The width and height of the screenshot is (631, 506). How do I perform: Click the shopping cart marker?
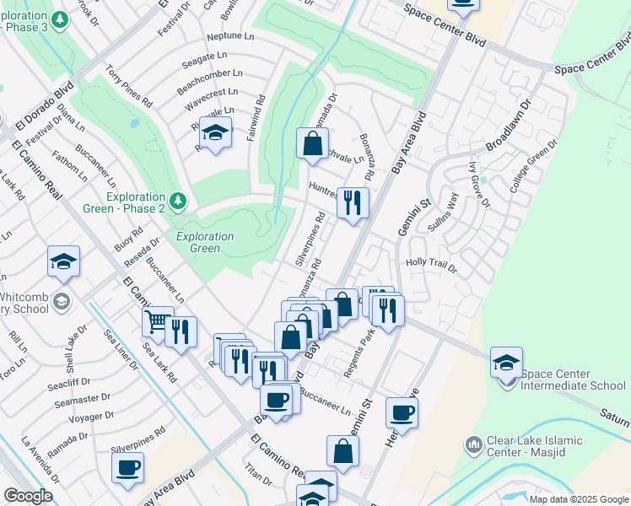158,322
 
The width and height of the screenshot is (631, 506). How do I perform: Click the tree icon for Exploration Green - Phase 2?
177,201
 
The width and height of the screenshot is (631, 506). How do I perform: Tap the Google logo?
28,495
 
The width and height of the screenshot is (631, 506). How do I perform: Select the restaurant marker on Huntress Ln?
353,203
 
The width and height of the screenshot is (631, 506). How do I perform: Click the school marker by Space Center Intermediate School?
506,363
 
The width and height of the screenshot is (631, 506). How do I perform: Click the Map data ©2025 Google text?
578,498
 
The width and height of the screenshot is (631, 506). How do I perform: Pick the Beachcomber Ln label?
209,75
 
